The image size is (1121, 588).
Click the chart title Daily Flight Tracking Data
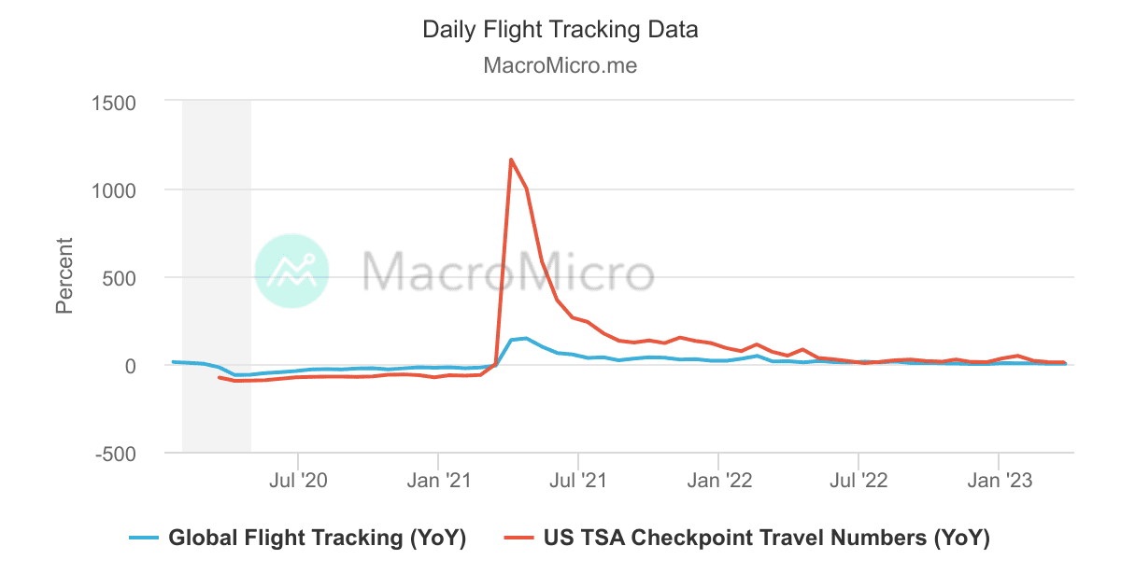pos(560,29)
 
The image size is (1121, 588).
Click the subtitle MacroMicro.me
pos(560,66)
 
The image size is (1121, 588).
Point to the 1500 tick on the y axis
pos(113,102)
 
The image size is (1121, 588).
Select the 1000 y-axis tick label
pos(113,189)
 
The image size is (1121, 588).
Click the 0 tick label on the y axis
pos(131,366)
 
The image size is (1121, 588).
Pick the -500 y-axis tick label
pos(115,454)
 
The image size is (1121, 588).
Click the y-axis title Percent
pos(64,275)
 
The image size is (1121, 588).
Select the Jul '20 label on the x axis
pos(298,481)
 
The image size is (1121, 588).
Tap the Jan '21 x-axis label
pos(438,481)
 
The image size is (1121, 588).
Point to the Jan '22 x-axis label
pos(718,481)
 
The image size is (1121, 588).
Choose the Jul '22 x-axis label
pos(858,481)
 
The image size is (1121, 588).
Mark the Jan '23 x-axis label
pos(999,481)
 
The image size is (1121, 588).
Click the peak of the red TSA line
pos(511,160)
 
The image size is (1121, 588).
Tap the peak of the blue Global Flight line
pos(526,338)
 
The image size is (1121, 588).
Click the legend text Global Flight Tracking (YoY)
pos(317,538)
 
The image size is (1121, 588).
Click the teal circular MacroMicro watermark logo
pos(291,271)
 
